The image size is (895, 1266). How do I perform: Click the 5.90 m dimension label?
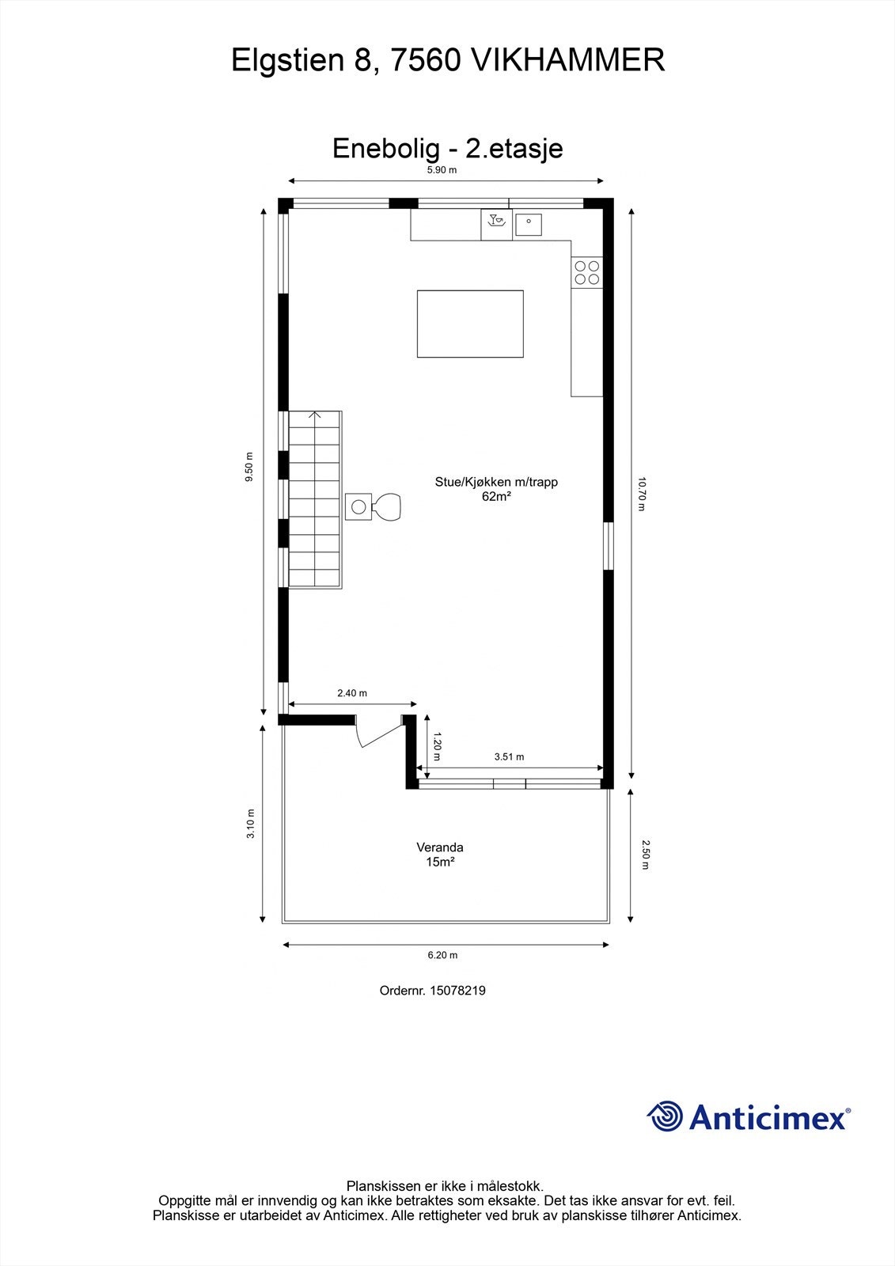(x=442, y=170)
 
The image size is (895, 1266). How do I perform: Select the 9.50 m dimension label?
(x=249, y=466)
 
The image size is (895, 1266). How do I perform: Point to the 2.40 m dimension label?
(x=352, y=693)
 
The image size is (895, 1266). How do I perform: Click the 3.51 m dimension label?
(x=509, y=756)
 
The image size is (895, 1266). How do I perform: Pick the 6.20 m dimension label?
(x=442, y=955)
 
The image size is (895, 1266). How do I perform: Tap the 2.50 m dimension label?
(x=644, y=855)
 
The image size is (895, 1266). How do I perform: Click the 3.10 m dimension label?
(x=250, y=823)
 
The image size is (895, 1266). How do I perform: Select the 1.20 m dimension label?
(x=436, y=745)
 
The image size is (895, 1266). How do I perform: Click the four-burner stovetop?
(x=587, y=272)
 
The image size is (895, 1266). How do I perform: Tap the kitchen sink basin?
(x=529, y=224)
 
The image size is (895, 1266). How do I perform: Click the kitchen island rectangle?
(x=470, y=324)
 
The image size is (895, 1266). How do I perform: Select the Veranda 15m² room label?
(x=440, y=855)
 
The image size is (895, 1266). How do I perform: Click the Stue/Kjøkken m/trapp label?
(x=496, y=482)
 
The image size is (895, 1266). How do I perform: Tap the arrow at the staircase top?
(x=315, y=415)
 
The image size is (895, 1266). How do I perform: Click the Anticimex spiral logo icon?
(x=664, y=1116)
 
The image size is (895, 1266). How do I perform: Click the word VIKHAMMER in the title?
(x=567, y=60)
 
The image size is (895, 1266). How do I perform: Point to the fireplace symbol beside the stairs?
(x=374, y=506)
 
